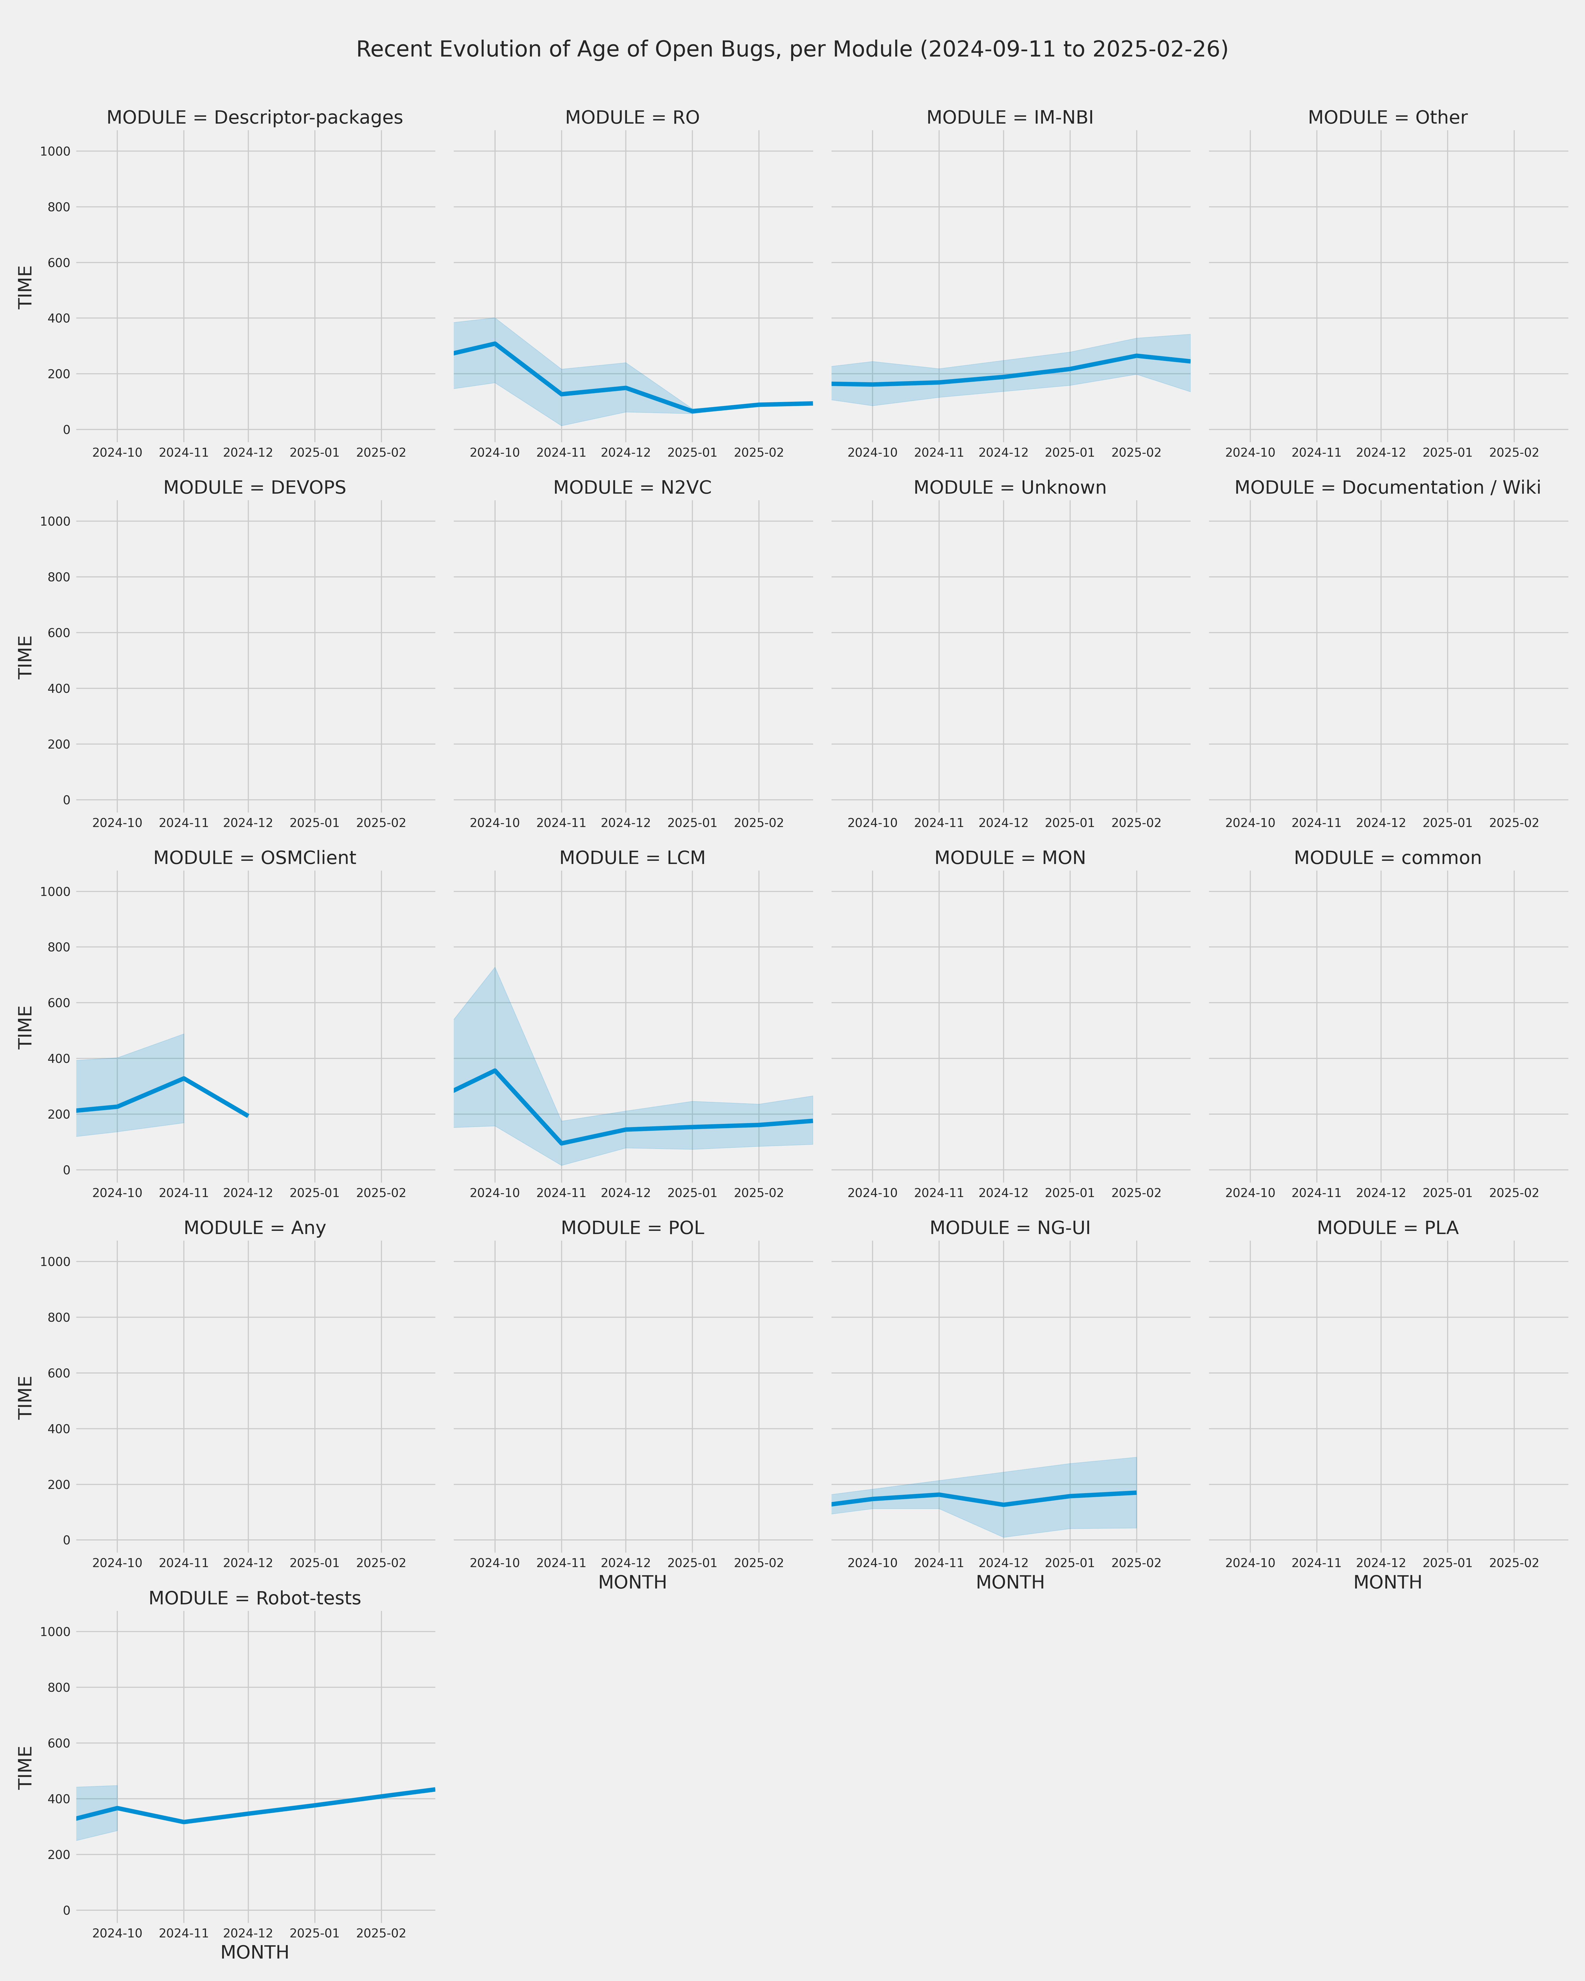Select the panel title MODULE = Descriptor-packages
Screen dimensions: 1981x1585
coord(254,118)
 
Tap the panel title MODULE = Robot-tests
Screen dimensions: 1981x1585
coord(254,1598)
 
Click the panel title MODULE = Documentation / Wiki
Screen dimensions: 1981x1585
coord(1387,488)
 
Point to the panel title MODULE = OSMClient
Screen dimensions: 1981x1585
coord(254,858)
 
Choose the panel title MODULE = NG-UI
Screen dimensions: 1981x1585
coord(1010,1227)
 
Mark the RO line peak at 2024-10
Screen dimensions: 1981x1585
coord(495,344)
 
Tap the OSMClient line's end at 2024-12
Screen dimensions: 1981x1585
coord(248,1115)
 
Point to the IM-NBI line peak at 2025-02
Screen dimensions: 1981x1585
coord(1137,356)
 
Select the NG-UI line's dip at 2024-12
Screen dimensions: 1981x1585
coord(1003,1505)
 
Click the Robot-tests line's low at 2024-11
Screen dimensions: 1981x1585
coord(184,1822)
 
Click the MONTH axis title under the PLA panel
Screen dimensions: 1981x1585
coord(1387,1582)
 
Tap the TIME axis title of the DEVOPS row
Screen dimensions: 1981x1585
coord(26,657)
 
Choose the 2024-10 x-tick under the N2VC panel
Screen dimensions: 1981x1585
coord(495,823)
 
